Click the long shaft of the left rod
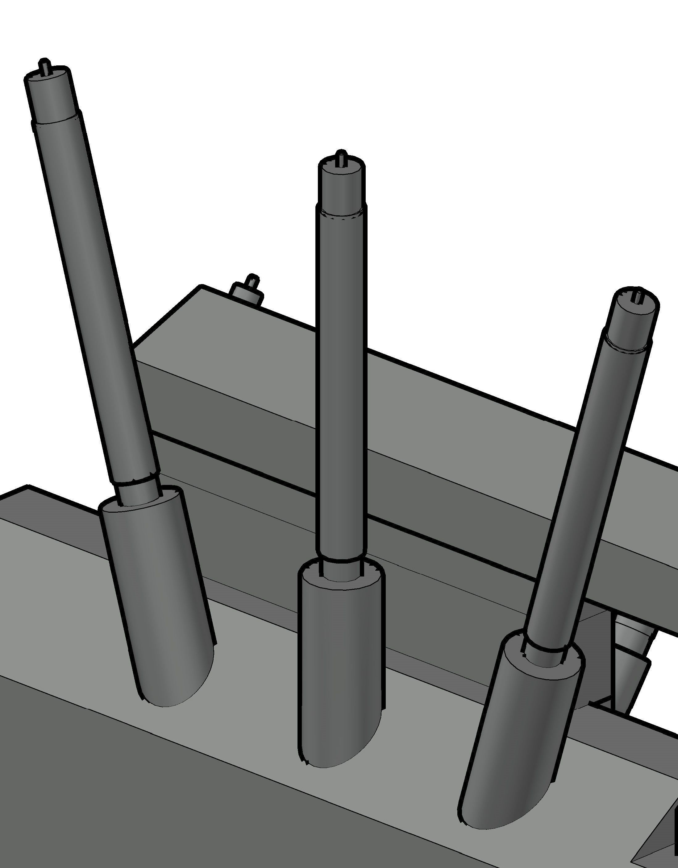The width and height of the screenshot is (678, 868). (x=95, y=298)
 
